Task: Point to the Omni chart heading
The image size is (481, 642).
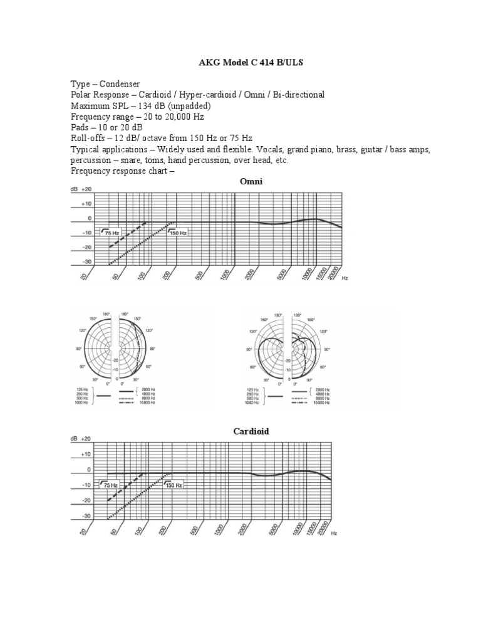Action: click(x=251, y=181)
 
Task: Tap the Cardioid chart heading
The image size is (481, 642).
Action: click(x=251, y=431)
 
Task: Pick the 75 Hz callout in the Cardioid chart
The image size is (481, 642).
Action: click(x=110, y=485)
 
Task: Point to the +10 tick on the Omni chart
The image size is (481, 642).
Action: click(x=85, y=204)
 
